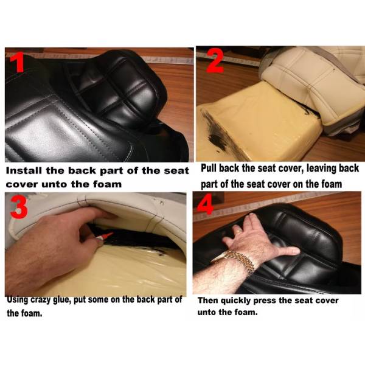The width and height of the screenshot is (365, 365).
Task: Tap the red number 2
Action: (x=215, y=61)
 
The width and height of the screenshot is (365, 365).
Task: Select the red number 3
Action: (x=19, y=207)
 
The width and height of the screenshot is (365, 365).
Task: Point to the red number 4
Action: (x=206, y=204)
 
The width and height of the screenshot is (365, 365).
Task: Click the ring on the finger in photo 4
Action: (x=238, y=232)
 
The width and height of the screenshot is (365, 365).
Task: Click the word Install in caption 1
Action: (x=24, y=170)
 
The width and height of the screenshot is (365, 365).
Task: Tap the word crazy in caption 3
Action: (x=41, y=300)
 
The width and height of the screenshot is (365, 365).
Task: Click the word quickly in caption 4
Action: (x=236, y=301)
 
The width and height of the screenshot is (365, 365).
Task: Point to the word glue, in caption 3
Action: (x=61, y=300)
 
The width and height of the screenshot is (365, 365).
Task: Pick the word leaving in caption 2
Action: (x=321, y=169)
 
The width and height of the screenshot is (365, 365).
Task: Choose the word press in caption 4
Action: (x=265, y=301)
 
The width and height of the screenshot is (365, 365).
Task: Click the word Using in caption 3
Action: (x=18, y=300)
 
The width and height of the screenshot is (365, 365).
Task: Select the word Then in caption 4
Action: (x=208, y=301)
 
